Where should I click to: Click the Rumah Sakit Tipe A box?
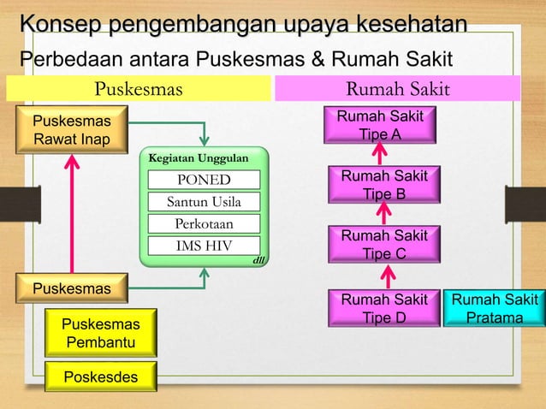pos(380,125)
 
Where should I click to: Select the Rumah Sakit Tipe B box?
pos(383,185)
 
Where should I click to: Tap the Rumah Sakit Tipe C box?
pos(383,244)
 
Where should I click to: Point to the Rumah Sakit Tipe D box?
pos(383,309)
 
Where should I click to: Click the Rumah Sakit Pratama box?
pos(495,309)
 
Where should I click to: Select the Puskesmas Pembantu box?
pos(100,334)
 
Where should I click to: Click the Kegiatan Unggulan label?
pos(199,158)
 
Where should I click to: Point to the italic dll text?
pos(258,259)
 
